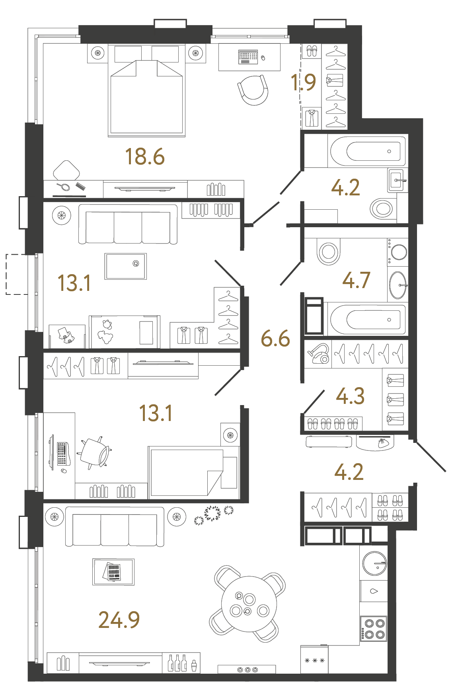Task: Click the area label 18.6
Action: tap(145, 156)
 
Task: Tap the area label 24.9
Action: tap(119, 620)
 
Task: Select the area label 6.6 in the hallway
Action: tap(275, 339)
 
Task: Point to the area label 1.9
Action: tap(303, 82)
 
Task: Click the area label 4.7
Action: tap(356, 280)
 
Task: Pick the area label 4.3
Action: tap(350, 396)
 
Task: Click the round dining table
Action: tap(249, 604)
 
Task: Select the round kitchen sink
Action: tap(374, 563)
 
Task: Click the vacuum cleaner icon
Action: tap(318, 353)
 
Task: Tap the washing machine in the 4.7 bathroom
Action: tap(398, 252)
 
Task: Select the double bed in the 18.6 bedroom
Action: tap(146, 95)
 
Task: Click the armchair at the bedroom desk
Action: tap(253, 90)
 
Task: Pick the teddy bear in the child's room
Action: tap(106, 332)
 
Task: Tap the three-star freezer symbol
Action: tap(314, 661)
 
